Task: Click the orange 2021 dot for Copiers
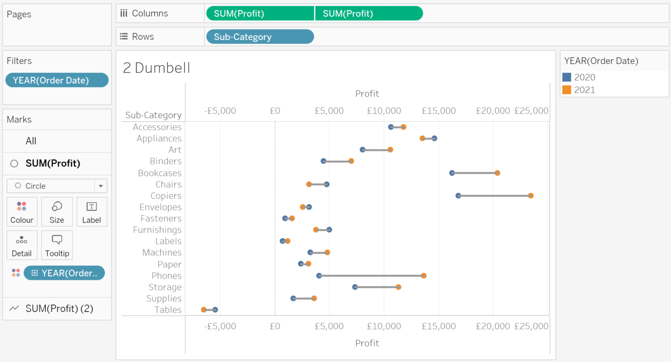point(531,196)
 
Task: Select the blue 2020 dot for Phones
point(319,276)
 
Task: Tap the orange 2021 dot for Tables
point(204,310)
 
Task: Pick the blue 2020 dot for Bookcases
point(452,173)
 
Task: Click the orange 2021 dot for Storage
point(398,287)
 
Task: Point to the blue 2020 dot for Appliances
point(434,138)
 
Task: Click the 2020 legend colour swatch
point(567,77)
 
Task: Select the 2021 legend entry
point(584,90)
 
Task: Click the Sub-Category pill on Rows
point(259,37)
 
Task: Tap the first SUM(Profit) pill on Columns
point(259,14)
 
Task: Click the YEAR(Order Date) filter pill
point(57,80)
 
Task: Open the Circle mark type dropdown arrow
point(101,186)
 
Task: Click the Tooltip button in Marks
point(57,245)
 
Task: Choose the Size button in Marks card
point(57,212)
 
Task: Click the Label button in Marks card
point(91,212)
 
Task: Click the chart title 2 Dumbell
point(156,68)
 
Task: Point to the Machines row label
point(162,252)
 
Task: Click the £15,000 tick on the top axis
point(439,111)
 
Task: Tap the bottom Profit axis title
point(367,343)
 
